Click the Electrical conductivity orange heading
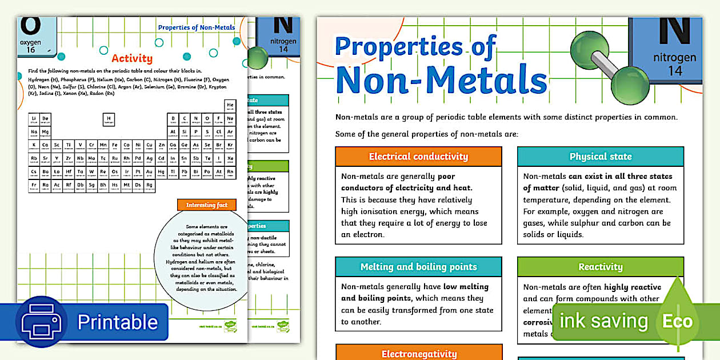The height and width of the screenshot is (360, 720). [x=418, y=157]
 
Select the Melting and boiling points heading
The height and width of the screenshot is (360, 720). [x=418, y=267]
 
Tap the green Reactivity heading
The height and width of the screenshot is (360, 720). [x=600, y=267]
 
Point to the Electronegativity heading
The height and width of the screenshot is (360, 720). [x=419, y=354]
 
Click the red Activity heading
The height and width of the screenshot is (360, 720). [x=132, y=58]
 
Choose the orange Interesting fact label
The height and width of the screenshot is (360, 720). [x=206, y=205]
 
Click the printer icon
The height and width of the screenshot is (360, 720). [x=41, y=322]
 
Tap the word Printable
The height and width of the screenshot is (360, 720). [x=117, y=322]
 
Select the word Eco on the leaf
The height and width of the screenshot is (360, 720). [x=677, y=321]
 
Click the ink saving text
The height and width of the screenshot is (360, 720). [x=603, y=321]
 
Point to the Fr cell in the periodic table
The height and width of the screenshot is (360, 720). [x=34, y=185]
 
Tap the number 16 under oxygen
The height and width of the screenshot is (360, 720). [x=30, y=50]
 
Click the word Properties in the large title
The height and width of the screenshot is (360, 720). [x=415, y=46]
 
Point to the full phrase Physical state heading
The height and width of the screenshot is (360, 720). [x=601, y=157]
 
